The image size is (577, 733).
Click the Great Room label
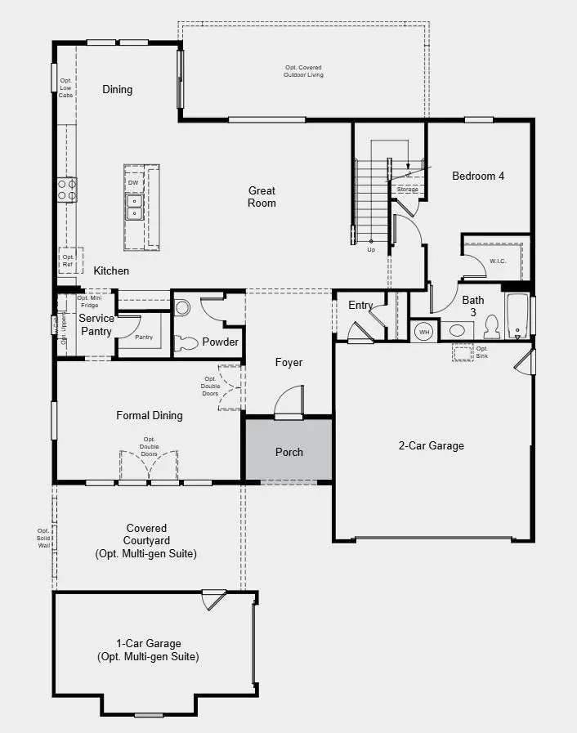262,197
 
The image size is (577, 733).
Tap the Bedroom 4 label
478,176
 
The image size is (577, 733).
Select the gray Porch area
288,451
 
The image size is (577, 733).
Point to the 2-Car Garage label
431,445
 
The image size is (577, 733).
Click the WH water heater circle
424,332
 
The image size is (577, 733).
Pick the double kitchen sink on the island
133,208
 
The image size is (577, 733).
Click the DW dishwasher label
132,183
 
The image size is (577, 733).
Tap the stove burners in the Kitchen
67,190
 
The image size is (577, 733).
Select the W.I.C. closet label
499,261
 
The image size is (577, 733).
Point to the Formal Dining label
150,415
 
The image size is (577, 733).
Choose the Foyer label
288,362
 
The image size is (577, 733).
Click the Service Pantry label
96,324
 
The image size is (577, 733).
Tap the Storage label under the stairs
408,190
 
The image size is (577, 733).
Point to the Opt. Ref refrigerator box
69,261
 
